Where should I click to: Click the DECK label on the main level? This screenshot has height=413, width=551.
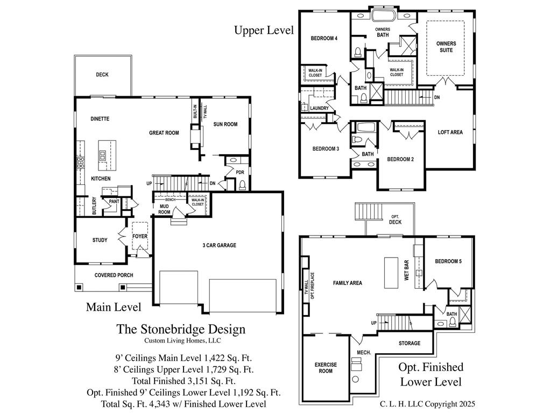(102, 75)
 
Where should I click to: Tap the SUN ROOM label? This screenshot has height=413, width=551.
(225, 124)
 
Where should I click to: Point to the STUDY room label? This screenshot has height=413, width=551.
(100, 240)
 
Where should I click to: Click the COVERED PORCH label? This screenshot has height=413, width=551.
(114, 275)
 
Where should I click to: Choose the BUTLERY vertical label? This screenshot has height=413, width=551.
(95, 206)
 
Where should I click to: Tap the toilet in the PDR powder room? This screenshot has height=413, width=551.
(242, 185)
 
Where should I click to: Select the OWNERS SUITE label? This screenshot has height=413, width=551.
(446, 47)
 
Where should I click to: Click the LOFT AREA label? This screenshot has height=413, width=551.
(450, 132)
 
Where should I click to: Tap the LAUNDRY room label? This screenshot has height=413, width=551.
(320, 108)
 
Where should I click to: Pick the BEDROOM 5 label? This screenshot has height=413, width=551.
(448, 261)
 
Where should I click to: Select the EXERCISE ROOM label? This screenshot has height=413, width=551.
(326, 368)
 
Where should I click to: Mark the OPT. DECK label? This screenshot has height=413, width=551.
(395, 219)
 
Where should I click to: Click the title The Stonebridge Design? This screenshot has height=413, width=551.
(181, 329)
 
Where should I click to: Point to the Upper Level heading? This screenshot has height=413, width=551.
(264, 30)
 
